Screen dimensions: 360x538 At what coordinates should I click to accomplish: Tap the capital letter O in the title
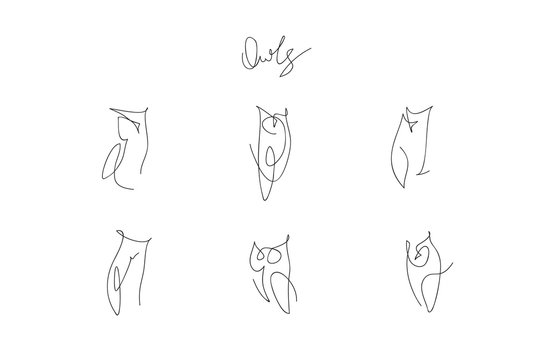(248, 52)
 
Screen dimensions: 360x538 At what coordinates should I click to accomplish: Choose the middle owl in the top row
(266, 150)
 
